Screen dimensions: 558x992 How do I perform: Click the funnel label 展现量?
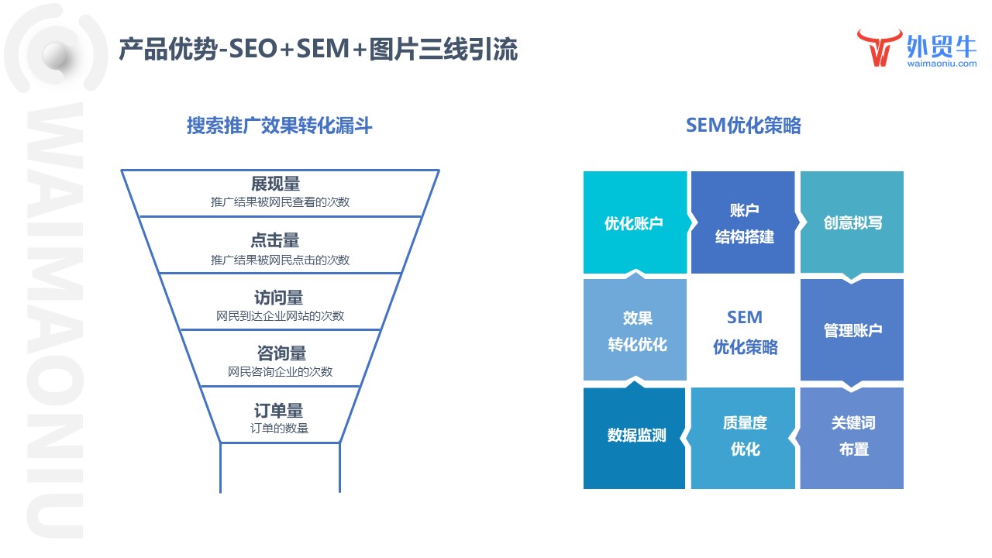click(x=275, y=184)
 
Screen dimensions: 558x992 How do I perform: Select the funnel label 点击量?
click(x=275, y=240)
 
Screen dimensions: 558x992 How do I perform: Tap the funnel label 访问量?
click(x=278, y=298)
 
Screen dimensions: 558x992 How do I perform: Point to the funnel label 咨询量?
click(x=281, y=353)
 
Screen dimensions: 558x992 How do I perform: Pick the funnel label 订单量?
click(x=279, y=411)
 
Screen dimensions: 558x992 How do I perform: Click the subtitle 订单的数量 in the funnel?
click(x=279, y=429)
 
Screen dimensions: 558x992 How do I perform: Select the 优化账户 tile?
click(x=634, y=223)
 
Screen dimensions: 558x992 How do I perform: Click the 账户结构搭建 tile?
click(x=743, y=223)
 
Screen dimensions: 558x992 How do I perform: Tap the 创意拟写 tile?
click(x=852, y=223)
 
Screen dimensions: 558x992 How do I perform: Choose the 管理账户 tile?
click(x=852, y=331)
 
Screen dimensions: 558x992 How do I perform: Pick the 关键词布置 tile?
click(x=852, y=436)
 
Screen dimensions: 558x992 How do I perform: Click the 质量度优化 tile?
click(x=743, y=436)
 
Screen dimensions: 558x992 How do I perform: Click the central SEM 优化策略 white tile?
click(x=744, y=332)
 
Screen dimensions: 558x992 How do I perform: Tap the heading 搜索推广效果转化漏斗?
click(x=279, y=126)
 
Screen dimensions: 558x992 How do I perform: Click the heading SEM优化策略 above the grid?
click(x=743, y=126)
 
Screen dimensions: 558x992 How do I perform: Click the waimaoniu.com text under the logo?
click(x=941, y=64)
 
